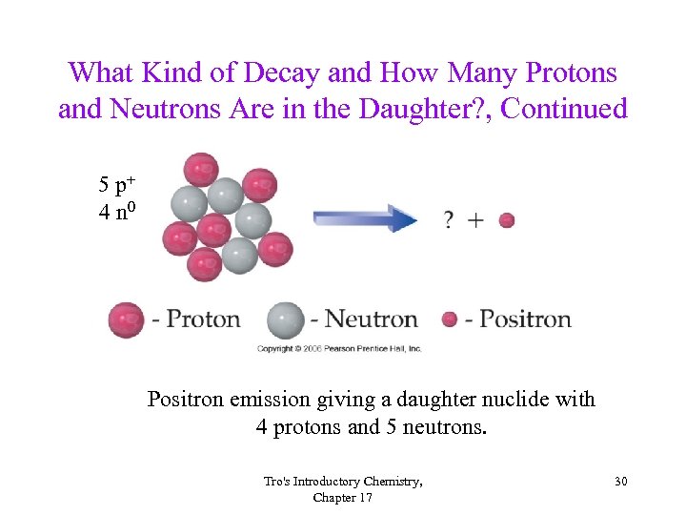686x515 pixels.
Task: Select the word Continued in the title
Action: point(564,110)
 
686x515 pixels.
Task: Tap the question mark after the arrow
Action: point(448,221)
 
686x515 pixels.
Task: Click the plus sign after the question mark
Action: point(475,221)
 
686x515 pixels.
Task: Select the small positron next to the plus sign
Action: point(507,220)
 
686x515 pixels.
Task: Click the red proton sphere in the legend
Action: point(126,319)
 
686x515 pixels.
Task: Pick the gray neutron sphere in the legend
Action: point(285,319)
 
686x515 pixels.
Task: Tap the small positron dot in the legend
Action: point(450,319)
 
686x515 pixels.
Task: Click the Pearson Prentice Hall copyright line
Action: point(339,349)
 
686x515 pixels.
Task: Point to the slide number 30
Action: point(620,482)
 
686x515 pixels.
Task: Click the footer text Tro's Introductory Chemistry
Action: point(343,482)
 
